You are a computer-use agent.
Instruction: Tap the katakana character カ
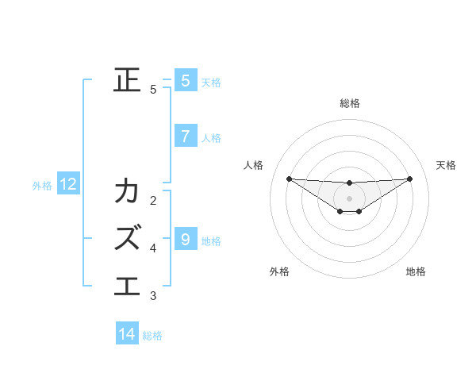tap(128, 191)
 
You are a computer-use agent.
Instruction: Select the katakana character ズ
tap(128, 236)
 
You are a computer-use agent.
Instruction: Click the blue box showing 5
tap(185, 80)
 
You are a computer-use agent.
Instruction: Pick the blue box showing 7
tap(185, 136)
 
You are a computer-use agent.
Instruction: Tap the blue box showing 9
tap(185, 238)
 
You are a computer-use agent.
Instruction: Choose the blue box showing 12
tap(68, 185)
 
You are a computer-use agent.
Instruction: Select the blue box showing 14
tap(127, 334)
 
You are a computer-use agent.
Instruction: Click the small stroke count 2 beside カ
tap(153, 200)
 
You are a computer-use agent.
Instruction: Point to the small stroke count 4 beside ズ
tap(153, 248)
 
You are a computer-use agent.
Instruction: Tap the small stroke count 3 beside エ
tap(153, 296)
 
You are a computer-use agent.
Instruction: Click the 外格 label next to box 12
tap(42, 186)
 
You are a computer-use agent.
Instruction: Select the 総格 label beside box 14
tap(152, 336)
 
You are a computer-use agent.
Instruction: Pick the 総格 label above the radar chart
tap(349, 103)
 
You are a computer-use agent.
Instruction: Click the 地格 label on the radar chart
tap(416, 271)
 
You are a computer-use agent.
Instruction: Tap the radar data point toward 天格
tap(409, 179)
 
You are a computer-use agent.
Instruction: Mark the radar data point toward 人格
tap(289, 179)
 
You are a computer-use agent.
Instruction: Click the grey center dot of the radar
tap(349, 198)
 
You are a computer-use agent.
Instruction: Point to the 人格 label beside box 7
tap(211, 137)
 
